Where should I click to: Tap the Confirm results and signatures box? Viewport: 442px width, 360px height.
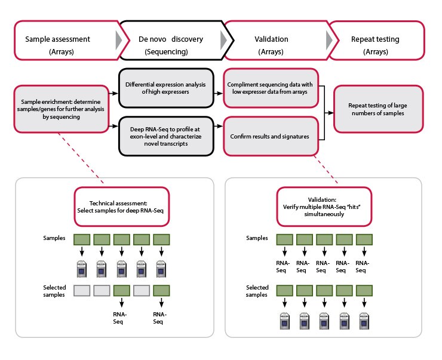tap(271, 136)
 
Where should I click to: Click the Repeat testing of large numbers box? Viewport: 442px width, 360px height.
tap(379, 109)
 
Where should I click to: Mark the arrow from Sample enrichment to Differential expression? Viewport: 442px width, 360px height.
tap(112, 93)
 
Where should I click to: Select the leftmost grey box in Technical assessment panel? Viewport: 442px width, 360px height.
tap(82, 291)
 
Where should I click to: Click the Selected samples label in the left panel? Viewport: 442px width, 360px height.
tap(54, 291)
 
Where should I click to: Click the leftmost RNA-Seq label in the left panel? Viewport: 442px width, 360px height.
tap(121, 317)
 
